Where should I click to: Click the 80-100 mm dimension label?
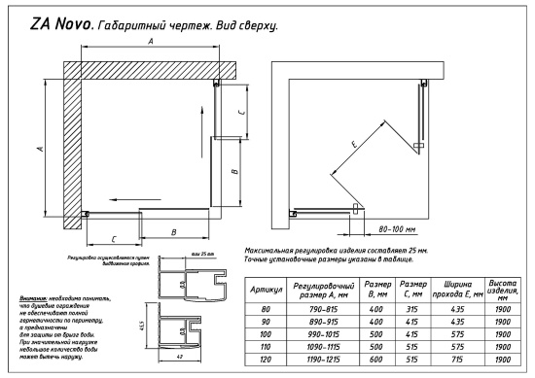coord(397,230)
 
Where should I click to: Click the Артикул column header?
coord(266,290)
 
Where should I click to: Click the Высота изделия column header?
coord(501,289)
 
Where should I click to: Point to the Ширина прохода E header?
coord(456,289)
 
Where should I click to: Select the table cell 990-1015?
coord(314,335)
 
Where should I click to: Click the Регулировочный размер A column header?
coord(314,289)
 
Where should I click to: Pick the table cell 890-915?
coord(314,323)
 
